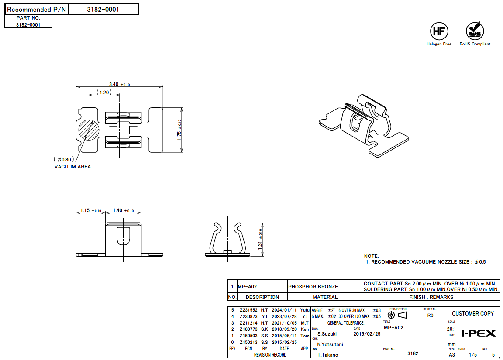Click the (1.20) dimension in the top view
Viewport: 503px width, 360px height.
pyautogui.click(x=104, y=93)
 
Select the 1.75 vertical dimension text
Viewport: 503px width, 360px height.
pyautogui.click(x=179, y=130)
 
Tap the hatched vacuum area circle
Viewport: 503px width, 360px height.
pyautogui.click(x=89, y=130)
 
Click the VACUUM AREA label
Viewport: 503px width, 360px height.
pyautogui.click(x=72, y=167)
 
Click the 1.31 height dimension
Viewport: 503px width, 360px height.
pyautogui.click(x=260, y=239)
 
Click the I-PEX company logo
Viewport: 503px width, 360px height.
pyautogui.click(x=479, y=333)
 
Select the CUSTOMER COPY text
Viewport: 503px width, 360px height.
pyautogui.click(x=472, y=314)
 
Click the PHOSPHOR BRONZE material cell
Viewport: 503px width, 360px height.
pyautogui.click(x=313, y=287)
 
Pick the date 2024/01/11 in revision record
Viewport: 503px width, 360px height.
pyautogui.click(x=284, y=310)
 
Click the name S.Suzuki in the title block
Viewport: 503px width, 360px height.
pyautogui.click(x=327, y=334)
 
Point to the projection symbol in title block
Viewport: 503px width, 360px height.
pyautogui.click(x=397, y=315)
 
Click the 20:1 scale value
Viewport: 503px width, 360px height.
pyautogui.click(x=452, y=329)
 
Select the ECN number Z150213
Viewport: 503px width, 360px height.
pyautogui.click(x=248, y=343)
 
